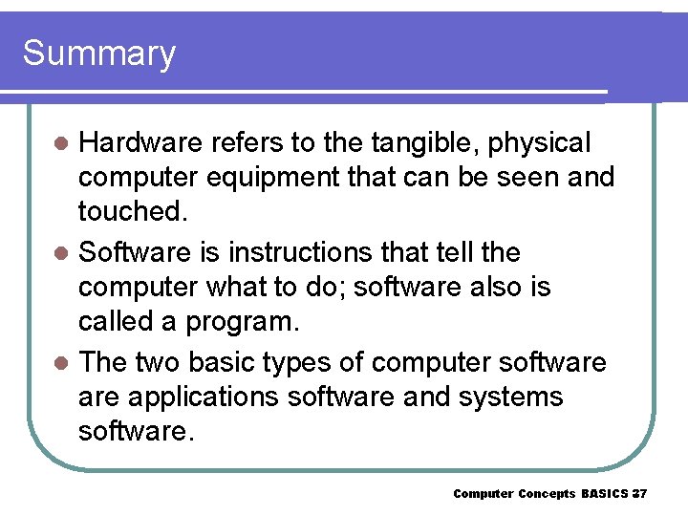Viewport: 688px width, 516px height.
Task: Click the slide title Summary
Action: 99,54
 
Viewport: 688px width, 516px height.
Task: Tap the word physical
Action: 540,143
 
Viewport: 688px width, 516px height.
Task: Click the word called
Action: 110,321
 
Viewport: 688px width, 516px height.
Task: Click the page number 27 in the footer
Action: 639,494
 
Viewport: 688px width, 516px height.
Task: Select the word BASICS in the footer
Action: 604,494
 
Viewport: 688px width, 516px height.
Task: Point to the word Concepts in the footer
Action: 547,494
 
